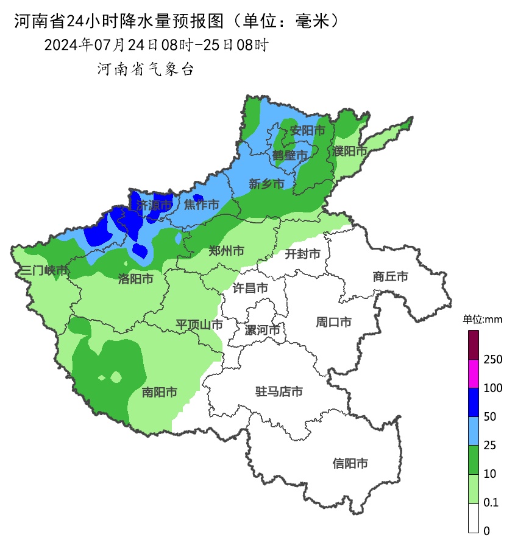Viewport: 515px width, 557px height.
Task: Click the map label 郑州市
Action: point(226,251)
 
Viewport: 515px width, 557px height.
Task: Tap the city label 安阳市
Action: point(307,130)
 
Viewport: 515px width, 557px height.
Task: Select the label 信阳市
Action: point(350,463)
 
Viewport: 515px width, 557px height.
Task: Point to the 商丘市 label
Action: point(390,276)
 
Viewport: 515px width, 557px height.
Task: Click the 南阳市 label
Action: point(160,392)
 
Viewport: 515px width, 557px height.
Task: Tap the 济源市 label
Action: point(154,206)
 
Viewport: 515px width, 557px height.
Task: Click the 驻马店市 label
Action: point(279,391)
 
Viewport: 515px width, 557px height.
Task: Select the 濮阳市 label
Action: point(350,150)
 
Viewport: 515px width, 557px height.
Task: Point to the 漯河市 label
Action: point(262,331)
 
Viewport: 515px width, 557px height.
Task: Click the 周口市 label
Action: point(333,322)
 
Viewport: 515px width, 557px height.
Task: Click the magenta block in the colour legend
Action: point(474,374)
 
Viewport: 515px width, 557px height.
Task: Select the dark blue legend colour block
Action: point(474,402)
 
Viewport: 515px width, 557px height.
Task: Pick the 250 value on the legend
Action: point(492,360)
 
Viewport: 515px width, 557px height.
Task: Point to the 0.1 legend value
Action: point(491,502)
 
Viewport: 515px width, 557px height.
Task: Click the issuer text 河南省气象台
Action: point(146,69)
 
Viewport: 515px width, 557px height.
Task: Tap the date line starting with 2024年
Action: point(156,45)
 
